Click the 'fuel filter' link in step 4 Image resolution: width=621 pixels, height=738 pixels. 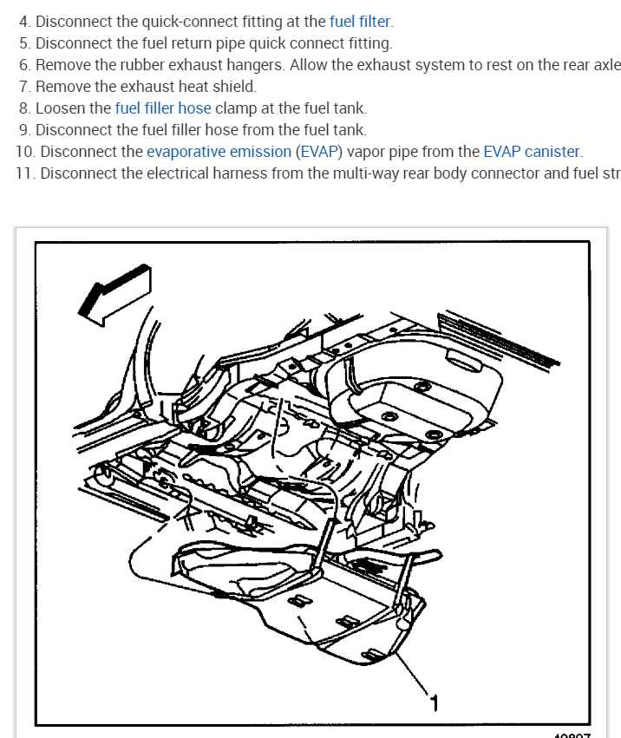[x=360, y=21]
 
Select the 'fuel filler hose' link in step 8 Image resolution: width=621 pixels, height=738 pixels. [x=162, y=108]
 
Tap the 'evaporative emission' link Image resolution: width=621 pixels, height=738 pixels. [x=219, y=151]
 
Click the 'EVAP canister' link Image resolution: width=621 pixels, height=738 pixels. [x=531, y=151]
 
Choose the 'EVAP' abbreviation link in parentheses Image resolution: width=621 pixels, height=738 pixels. [x=318, y=151]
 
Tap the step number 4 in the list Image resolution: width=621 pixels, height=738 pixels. [x=23, y=21]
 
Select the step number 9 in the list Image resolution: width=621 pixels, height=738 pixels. [x=23, y=129]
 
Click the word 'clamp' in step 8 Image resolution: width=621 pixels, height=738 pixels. [x=235, y=108]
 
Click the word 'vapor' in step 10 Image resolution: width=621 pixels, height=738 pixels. [x=363, y=151]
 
